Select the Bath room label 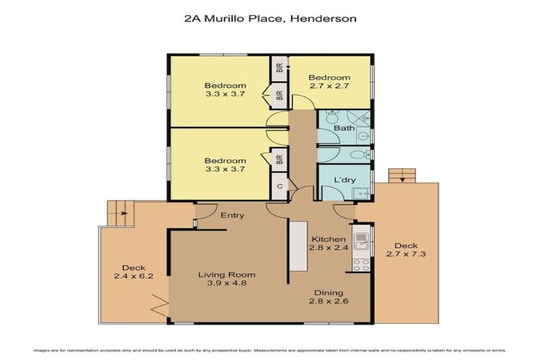click(x=344, y=128)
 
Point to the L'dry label click(x=345, y=180)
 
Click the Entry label click(x=232, y=215)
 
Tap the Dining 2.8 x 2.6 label click(x=328, y=296)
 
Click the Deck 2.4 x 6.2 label click(x=134, y=272)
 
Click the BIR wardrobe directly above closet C click(x=279, y=158)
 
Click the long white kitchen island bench click(x=298, y=245)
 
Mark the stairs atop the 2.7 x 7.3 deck click(x=401, y=175)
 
